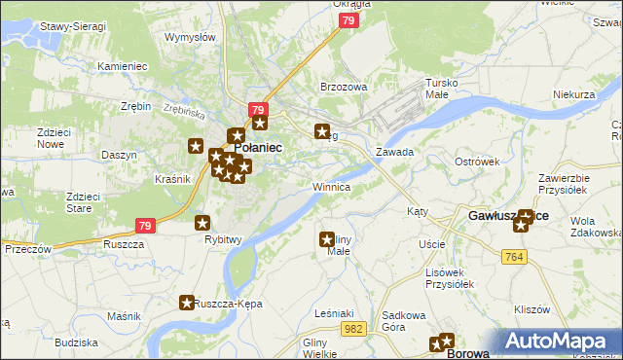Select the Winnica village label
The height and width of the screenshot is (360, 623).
(x=331, y=186)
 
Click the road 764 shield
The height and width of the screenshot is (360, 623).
(x=515, y=256)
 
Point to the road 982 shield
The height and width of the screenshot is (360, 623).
(x=353, y=331)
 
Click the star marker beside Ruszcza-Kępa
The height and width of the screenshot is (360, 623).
(x=186, y=304)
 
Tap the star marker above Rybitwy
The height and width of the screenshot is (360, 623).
(x=202, y=223)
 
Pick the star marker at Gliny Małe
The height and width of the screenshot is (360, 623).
(x=327, y=238)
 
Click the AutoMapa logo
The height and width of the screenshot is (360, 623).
(x=562, y=342)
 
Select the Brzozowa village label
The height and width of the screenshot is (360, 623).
(x=344, y=87)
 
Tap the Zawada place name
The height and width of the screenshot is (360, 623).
(x=395, y=152)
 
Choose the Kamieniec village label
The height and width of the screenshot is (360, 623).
(x=122, y=66)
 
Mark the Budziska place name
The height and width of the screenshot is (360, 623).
(x=76, y=342)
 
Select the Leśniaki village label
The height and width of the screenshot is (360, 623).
(x=322, y=313)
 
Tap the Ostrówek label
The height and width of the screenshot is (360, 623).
(x=477, y=162)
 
